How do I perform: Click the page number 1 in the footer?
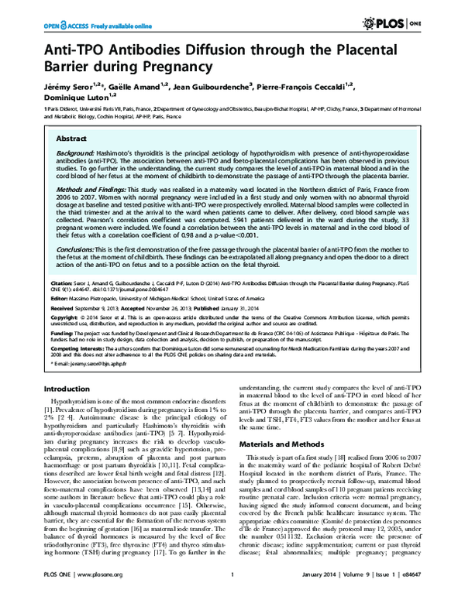click(x=232, y=592)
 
